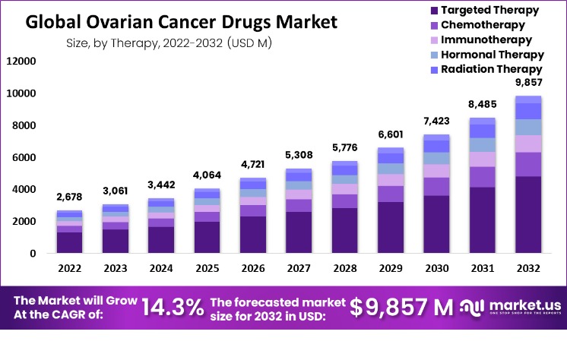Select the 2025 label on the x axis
(207, 268)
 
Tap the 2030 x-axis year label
(436, 268)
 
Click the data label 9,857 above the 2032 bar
(527, 83)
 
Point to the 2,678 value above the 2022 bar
(70, 197)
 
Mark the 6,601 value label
(390, 134)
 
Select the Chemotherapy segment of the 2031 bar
(482, 177)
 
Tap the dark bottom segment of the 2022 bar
(70, 242)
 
